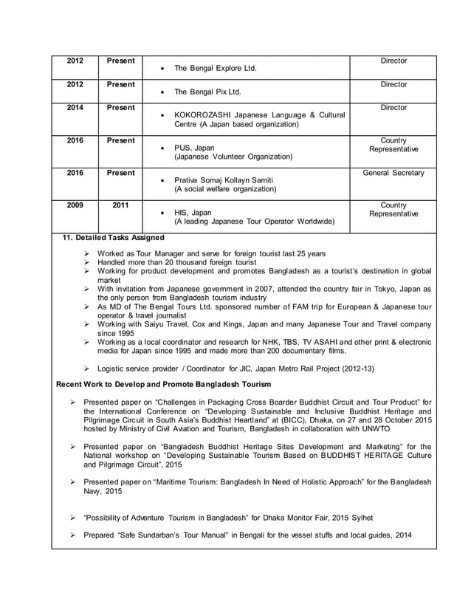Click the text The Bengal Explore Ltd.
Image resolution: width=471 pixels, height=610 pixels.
click(215, 69)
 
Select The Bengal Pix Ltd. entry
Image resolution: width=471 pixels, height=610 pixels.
click(207, 93)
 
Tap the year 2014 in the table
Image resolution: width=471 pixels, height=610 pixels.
click(75, 108)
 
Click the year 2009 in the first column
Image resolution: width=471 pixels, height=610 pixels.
click(75, 205)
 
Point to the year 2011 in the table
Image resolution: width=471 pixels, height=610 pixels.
click(120, 205)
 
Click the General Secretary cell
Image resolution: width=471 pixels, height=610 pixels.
click(393, 173)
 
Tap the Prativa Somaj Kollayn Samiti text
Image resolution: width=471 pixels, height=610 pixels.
click(224, 180)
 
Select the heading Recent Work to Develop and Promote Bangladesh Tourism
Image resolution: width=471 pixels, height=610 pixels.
click(164, 384)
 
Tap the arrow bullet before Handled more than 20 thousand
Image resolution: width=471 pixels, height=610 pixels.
click(86, 263)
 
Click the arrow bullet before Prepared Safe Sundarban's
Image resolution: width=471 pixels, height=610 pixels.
click(73, 535)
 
